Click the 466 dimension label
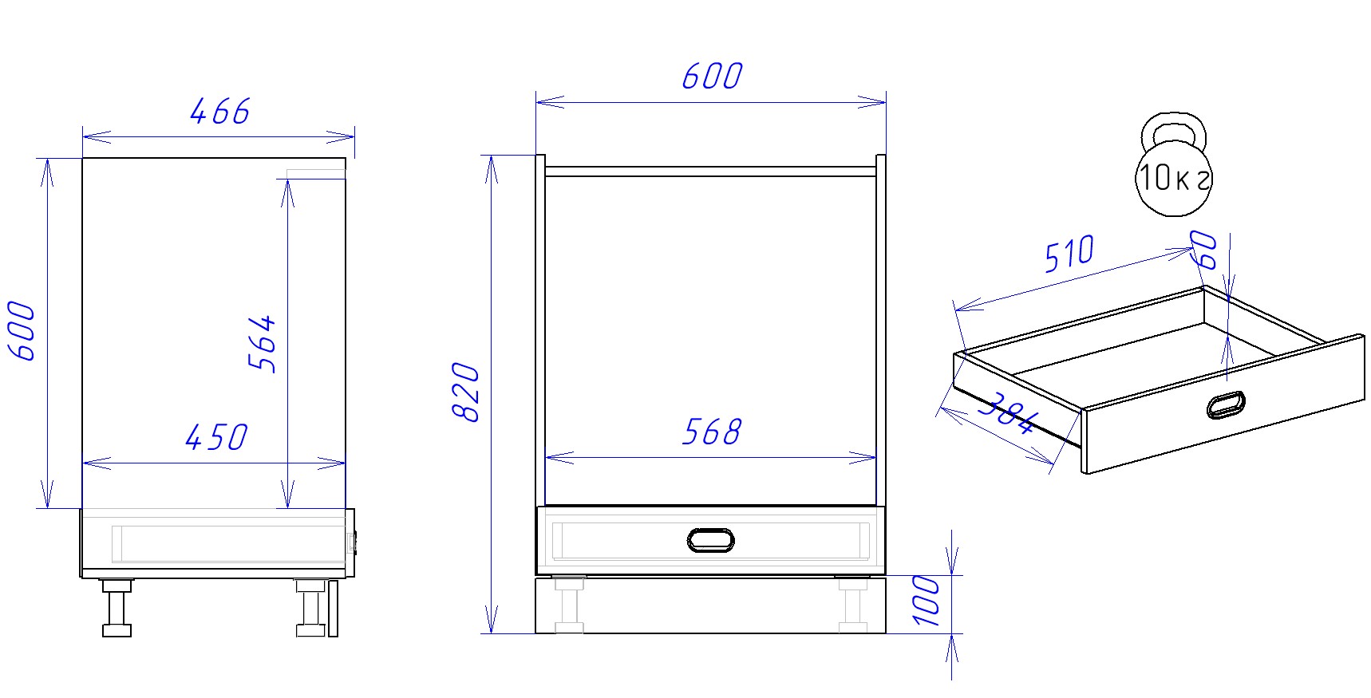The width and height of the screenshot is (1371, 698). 220,111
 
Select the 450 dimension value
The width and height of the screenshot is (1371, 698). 216,437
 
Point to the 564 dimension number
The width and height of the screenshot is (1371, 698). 262,343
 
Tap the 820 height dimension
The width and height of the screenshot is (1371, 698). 465,392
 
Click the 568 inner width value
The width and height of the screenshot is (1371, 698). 712,432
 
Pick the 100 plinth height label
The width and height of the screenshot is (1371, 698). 926,601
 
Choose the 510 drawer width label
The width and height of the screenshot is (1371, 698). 1070,254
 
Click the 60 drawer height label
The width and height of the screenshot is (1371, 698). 1204,250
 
